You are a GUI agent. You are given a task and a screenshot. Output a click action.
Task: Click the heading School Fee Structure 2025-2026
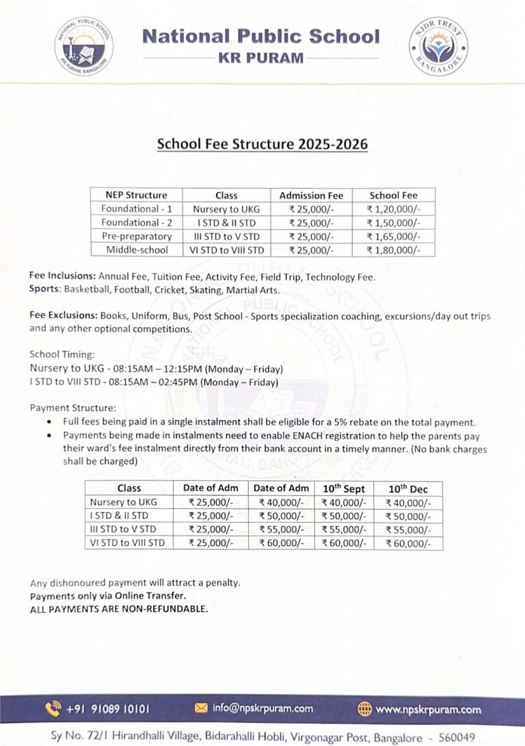[262, 144]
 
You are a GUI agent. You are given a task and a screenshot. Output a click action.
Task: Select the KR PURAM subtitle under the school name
[261, 58]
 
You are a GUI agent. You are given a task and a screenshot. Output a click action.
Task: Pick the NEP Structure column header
[137, 195]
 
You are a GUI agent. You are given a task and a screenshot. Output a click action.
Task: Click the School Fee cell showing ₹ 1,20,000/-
[393, 209]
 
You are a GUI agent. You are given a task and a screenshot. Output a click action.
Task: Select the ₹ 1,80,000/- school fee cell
[393, 250]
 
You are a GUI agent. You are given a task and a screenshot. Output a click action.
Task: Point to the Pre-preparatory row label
[137, 236]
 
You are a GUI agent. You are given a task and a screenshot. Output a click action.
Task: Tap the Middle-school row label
[137, 250]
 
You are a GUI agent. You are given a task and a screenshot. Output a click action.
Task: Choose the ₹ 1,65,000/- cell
[393, 236]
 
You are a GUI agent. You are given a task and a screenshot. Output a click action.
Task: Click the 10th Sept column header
[344, 488]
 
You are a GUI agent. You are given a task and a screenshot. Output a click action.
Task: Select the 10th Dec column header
[408, 488]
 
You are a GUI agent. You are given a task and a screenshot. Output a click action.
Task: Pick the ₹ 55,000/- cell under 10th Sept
[344, 529]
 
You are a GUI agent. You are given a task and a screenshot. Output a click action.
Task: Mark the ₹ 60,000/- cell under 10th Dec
[408, 544]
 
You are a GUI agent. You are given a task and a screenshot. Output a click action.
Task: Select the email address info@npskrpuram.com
[262, 708]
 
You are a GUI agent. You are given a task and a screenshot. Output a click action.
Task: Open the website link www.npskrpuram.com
[428, 708]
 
